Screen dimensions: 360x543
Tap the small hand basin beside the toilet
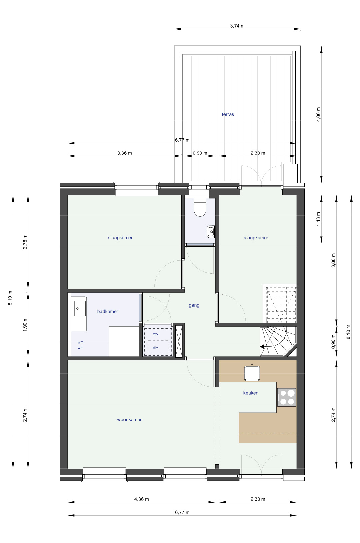click(x=210, y=232)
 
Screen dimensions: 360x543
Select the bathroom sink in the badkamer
click(x=80, y=308)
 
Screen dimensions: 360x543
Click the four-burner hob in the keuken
click(x=287, y=397)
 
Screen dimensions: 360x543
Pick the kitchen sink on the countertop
click(x=252, y=373)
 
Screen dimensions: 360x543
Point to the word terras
click(x=228, y=114)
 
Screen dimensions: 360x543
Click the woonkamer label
click(x=129, y=420)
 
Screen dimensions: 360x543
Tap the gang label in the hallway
click(x=194, y=305)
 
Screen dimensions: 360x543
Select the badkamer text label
click(x=108, y=311)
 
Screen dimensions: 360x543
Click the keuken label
click(x=251, y=393)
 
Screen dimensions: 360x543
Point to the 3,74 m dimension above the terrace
click(x=237, y=26)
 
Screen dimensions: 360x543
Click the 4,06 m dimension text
click(x=318, y=114)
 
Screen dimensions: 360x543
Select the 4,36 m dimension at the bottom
click(x=141, y=499)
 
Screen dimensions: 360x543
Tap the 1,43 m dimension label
click(x=318, y=219)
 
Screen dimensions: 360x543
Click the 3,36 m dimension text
click(x=124, y=153)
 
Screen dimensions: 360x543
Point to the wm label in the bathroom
click(x=80, y=342)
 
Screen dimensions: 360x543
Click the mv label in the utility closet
click(x=155, y=347)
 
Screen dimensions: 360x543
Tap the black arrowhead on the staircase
click(x=262, y=347)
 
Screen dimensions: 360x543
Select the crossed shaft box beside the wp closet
click(x=179, y=341)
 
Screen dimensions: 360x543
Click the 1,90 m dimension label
click(x=25, y=325)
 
